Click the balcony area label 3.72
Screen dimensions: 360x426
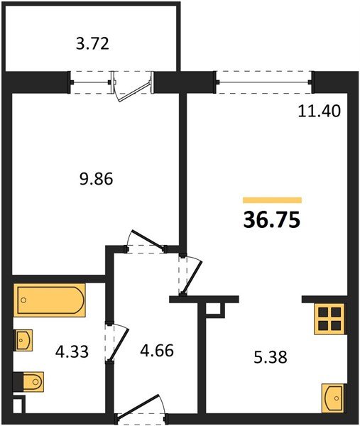pos(92,44)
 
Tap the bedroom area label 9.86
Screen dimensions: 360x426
pos(96,180)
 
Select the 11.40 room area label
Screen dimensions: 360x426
pos(319,111)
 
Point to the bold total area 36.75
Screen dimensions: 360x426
pos(272,220)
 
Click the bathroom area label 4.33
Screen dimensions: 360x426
pos(72,351)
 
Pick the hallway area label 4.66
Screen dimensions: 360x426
pos(157,350)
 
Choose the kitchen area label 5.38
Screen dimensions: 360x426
pos(271,357)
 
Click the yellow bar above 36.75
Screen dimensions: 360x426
pos(272,200)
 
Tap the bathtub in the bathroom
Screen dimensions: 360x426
pos(50,300)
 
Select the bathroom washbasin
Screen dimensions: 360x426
pos(23,340)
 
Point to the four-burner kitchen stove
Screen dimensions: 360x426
pos(330,319)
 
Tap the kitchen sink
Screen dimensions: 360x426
pos(334,398)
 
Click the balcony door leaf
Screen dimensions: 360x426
pos(133,92)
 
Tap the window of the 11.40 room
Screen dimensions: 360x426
pos(264,82)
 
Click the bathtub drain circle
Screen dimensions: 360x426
pos(23,300)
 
